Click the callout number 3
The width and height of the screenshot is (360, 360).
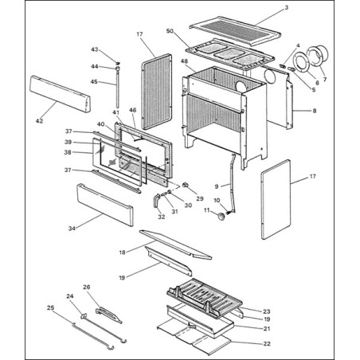286,8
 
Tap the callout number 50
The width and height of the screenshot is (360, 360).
170,31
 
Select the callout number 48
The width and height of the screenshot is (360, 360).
184,61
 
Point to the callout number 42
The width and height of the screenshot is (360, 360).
39,121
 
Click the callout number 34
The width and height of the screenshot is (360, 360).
72,229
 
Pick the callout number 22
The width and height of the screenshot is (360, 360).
267,344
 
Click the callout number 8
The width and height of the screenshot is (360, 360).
315,111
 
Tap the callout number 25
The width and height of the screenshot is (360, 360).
50,307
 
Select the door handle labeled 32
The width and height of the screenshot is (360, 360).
155,201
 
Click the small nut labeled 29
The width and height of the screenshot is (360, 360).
186,185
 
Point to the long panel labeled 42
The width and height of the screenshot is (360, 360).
60,94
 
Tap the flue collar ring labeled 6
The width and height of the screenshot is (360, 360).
302,62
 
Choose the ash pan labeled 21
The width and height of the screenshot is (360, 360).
200,322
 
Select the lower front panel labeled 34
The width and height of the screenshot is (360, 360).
105,205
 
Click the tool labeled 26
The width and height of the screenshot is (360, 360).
108,315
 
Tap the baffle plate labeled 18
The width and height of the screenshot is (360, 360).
175,245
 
